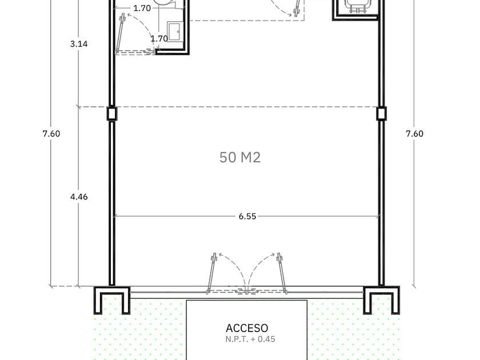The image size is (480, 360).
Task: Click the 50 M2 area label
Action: pyautogui.click(x=240, y=157)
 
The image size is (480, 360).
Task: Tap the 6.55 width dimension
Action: pyautogui.click(x=247, y=217)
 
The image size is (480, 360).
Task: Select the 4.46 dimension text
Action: pyautogui.click(x=79, y=197)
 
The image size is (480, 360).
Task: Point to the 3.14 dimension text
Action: pyautogui.click(x=79, y=44)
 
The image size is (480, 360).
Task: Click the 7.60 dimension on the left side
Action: pyautogui.click(x=51, y=134)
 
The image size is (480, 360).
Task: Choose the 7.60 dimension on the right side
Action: pyautogui.click(x=414, y=134)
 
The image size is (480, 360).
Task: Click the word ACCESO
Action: pyautogui.click(x=247, y=328)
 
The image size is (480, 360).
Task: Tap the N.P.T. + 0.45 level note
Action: pyautogui.click(x=250, y=339)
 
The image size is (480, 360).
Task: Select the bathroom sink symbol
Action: pyautogui.click(x=175, y=31)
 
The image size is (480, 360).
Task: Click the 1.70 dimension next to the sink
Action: pyautogui.click(x=159, y=39)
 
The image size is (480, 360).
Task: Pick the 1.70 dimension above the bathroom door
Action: pyautogui.click(x=142, y=8)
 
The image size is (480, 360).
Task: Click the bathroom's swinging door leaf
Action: pyautogui.click(x=119, y=33)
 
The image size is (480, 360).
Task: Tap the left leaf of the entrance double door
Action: pyautogui.click(x=211, y=273)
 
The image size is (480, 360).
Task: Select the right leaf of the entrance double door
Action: pyautogui.click(x=282, y=273)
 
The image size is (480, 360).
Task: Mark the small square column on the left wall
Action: pyautogui.click(x=112, y=113)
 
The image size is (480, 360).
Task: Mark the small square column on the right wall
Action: pyautogui.click(x=382, y=113)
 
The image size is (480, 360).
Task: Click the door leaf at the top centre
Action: pyautogui.click(x=297, y=7)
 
